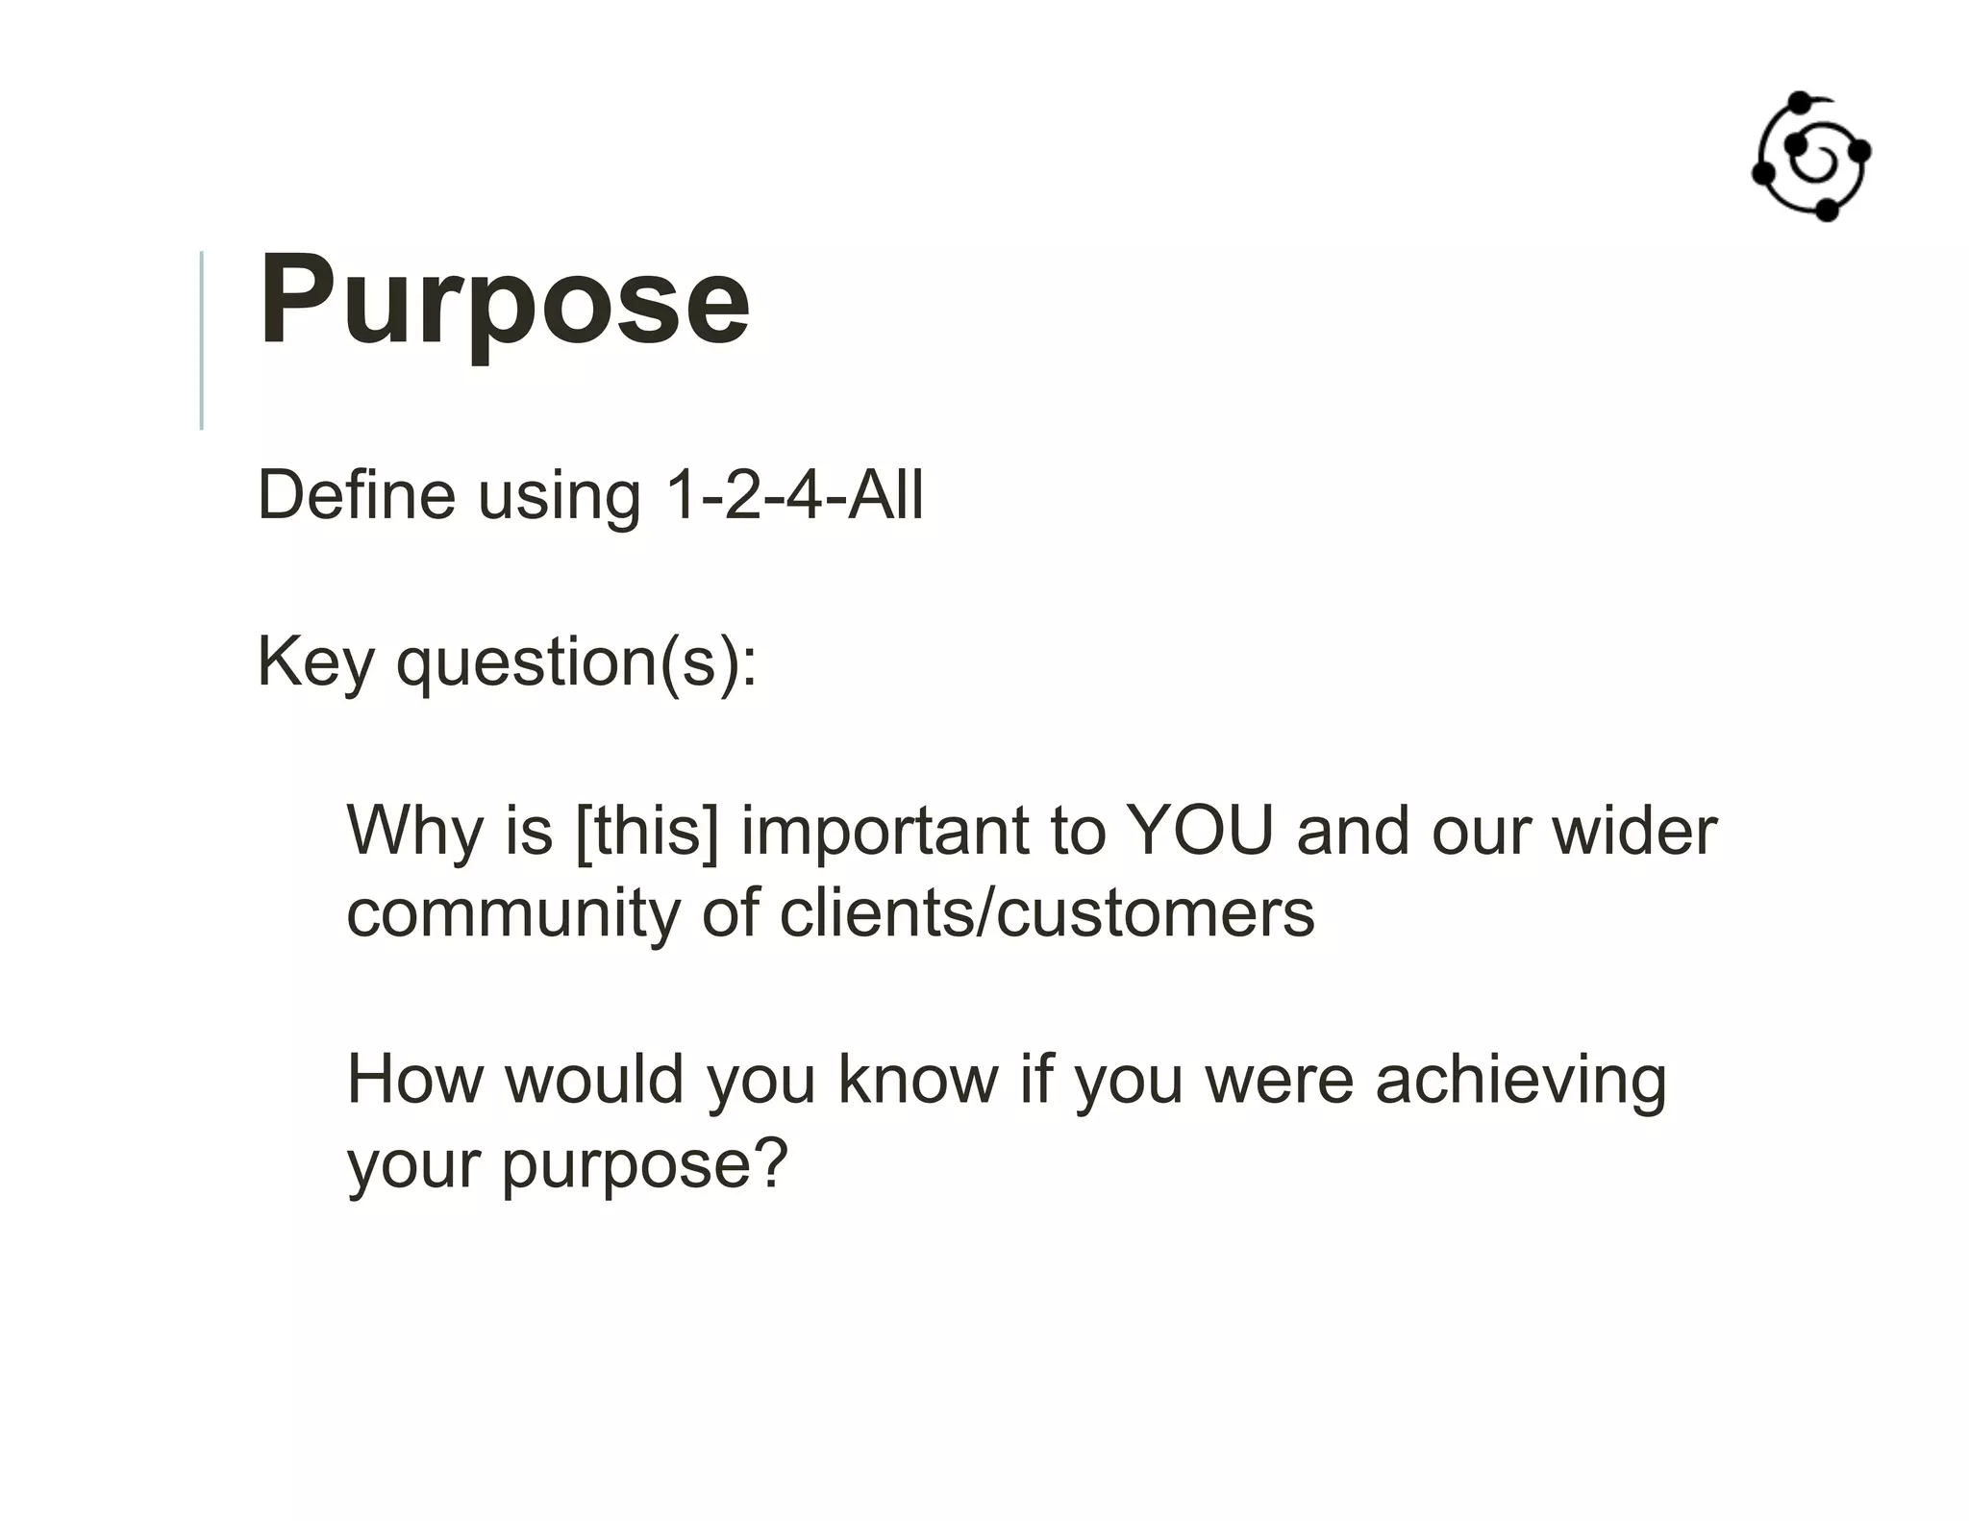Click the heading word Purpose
[x=504, y=300]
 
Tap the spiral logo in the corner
[x=1810, y=158]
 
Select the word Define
[x=356, y=495]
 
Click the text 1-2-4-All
[x=794, y=495]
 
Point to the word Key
[x=314, y=663]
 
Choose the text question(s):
[x=577, y=663]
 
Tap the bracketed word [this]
[x=646, y=830]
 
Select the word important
[x=885, y=830]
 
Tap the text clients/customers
[x=1046, y=913]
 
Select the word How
[x=414, y=1080]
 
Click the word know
[x=918, y=1080]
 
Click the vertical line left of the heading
[x=201, y=340]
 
